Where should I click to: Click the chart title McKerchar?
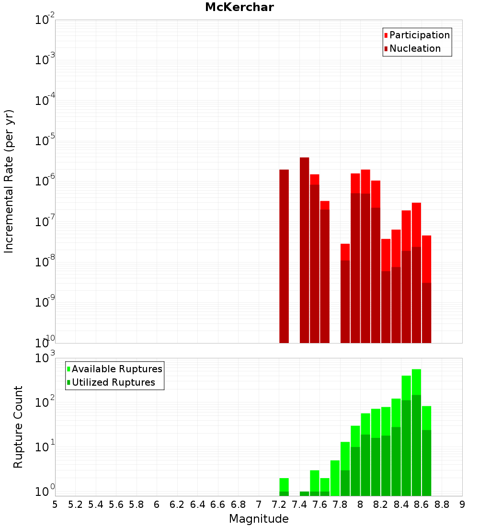pos(239,7)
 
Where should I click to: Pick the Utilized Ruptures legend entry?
pos(113,382)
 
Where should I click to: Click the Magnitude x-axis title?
pos(259,519)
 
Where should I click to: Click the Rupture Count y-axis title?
pos(18,427)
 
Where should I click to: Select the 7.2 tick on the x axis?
pos(279,504)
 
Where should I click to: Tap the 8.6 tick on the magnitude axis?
pos(422,504)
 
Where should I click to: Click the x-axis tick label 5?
pos(55,504)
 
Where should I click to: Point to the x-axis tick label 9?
pos(462,504)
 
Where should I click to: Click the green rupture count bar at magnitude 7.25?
pos(284,485)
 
